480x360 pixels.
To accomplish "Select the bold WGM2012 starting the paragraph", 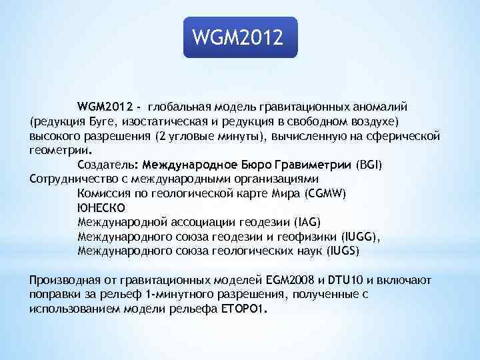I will pos(105,107).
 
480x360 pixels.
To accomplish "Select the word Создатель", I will pos(106,165).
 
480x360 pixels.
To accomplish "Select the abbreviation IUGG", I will pos(359,237).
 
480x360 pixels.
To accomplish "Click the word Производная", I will pos(60,280).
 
